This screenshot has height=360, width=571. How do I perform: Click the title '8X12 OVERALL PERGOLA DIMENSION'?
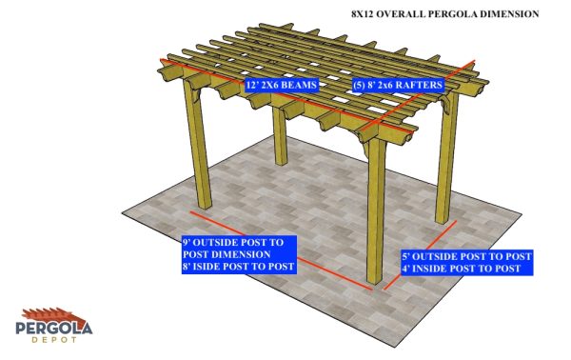pyautogui.click(x=445, y=14)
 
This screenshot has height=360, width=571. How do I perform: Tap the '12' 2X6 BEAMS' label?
pyautogui.click(x=282, y=85)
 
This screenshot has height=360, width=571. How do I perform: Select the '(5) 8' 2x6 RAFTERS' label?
pyautogui.click(x=397, y=85)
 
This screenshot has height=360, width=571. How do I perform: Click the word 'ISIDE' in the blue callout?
pyautogui.click(x=207, y=267)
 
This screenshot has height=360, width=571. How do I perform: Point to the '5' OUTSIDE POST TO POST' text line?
pyautogui.click(x=466, y=256)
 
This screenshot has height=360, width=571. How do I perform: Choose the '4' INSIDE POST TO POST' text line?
pyautogui.click(x=461, y=269)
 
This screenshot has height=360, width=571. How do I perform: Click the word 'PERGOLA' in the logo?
pyautogui.click(x=54, y=328)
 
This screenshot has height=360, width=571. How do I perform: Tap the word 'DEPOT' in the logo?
pyautogui.click(x=54, y=340)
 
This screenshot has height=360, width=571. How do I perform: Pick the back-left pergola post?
pyautogui.click(x=280, y=135)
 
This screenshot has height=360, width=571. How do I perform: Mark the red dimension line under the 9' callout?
pyautogui.click(x=281, y=250)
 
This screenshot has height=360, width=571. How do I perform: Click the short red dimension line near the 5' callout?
pyautogui.click(x=420, y=255)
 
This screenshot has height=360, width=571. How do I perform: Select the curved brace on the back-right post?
pyautogui.click(x=445, y=103)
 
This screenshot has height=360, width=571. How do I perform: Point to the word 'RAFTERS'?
pyautogui.click(x=419, y=85)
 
